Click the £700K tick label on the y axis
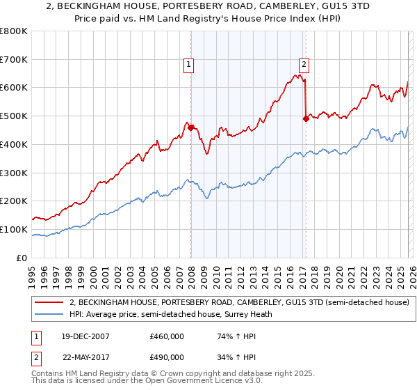[14, 59]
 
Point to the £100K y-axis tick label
[14, 229]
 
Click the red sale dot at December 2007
[190, 127]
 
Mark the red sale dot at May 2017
[306, 119]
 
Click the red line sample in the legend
[49, 303]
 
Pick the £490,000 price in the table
[166, 357]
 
